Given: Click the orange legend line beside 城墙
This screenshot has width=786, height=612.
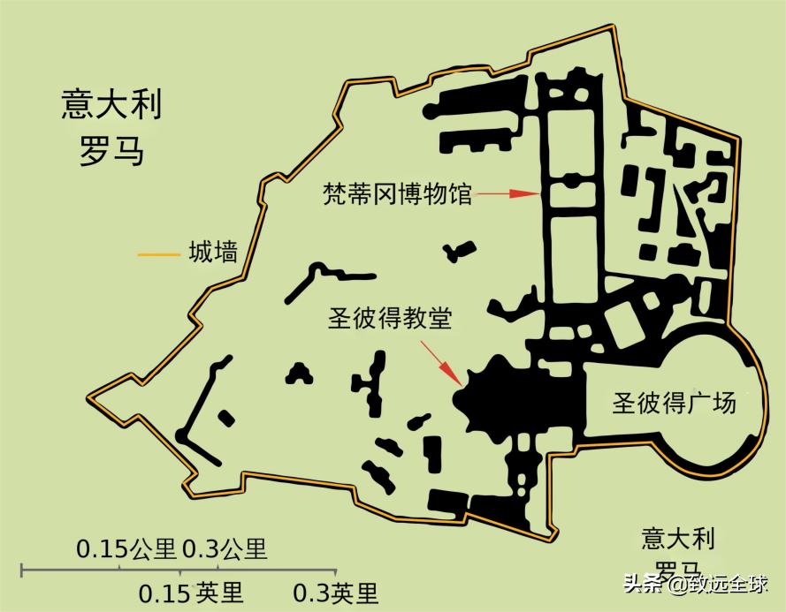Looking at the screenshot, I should (157, 255).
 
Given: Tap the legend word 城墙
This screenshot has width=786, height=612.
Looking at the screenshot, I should (213, 253).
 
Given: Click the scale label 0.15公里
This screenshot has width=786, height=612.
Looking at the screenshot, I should (126, 549).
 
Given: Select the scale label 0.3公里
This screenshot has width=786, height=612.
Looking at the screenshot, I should (224, 549).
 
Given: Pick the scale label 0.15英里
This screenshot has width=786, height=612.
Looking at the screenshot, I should (191, 592).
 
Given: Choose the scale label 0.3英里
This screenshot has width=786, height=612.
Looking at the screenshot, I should (335, 592).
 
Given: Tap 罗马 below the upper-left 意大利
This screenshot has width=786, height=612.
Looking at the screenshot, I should (111, 151).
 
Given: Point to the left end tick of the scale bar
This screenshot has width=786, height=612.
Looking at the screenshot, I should (22, 570).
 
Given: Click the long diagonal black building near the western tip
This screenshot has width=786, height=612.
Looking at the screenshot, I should (199, 406).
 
